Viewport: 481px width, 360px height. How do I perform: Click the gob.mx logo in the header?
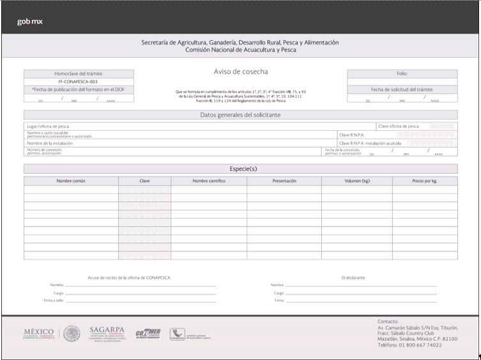tap(30, 22)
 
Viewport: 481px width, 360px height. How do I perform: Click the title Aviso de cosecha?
tap(241, 71)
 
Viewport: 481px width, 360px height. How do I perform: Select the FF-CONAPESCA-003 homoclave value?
tap(78, 82)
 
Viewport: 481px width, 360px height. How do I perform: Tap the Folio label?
tap(402, 74)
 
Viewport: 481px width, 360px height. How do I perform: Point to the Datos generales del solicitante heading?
tap(240, 115)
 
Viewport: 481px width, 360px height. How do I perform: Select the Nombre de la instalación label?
tap(50, 144)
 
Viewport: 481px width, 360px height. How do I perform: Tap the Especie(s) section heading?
tap(240, 169)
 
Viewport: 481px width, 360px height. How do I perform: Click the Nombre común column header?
tap(71, 181)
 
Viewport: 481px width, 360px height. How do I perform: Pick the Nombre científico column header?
tap(209, 181)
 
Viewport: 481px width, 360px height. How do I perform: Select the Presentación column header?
tap(284, 181)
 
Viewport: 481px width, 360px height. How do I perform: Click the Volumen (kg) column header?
tap(357, 181)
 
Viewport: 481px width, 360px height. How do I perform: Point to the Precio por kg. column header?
tap(425, 181)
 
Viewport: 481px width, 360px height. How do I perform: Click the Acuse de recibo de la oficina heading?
tap(129, 278)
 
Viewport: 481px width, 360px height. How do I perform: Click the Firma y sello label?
tap(54, 300)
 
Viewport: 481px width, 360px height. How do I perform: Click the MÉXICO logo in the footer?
tap(40, 333)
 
